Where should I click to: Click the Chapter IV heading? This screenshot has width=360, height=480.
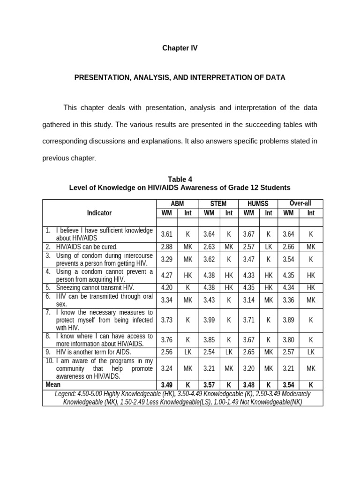tap(180, 48)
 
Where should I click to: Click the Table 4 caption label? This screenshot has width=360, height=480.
tap(180, 179)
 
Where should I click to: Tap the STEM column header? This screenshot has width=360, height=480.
tap(218, 203)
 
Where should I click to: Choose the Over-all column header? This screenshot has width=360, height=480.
tap(300, 203)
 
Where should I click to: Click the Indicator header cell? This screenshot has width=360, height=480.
tap(99, 213)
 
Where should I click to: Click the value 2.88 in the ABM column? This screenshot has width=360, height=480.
tap(167, 247)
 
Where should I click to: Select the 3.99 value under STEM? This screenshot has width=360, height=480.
tap(209, 320)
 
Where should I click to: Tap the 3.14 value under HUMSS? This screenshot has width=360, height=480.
tap(249, 300)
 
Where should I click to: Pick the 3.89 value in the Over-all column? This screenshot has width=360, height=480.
tap(289, 320)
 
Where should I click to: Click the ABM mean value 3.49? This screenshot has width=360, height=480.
tap(167, 385)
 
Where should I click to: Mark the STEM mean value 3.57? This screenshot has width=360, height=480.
tap(209, 385)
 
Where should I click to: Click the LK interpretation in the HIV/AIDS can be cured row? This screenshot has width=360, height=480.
tap(269, 247)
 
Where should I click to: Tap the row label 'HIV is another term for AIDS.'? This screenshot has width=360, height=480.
tap(93, 352)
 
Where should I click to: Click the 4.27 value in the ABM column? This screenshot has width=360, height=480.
tap(167, 276)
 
